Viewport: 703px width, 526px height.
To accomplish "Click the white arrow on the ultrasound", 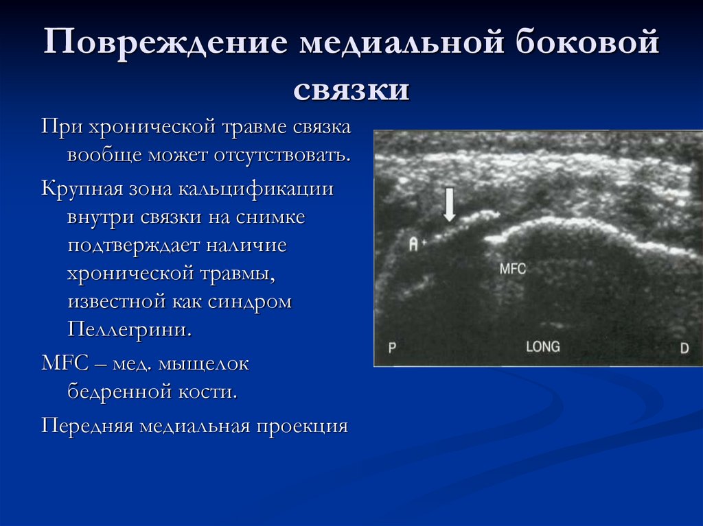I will click(449, 205).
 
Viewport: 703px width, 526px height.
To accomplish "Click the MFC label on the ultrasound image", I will click(512, 269).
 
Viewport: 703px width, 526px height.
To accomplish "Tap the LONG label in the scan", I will click(542, 346).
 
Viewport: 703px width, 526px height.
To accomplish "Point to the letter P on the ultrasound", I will click(393, 348).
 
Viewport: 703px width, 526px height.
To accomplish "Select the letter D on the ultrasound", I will click(684, 348).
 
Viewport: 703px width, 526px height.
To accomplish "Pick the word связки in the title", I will click(351, 89).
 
